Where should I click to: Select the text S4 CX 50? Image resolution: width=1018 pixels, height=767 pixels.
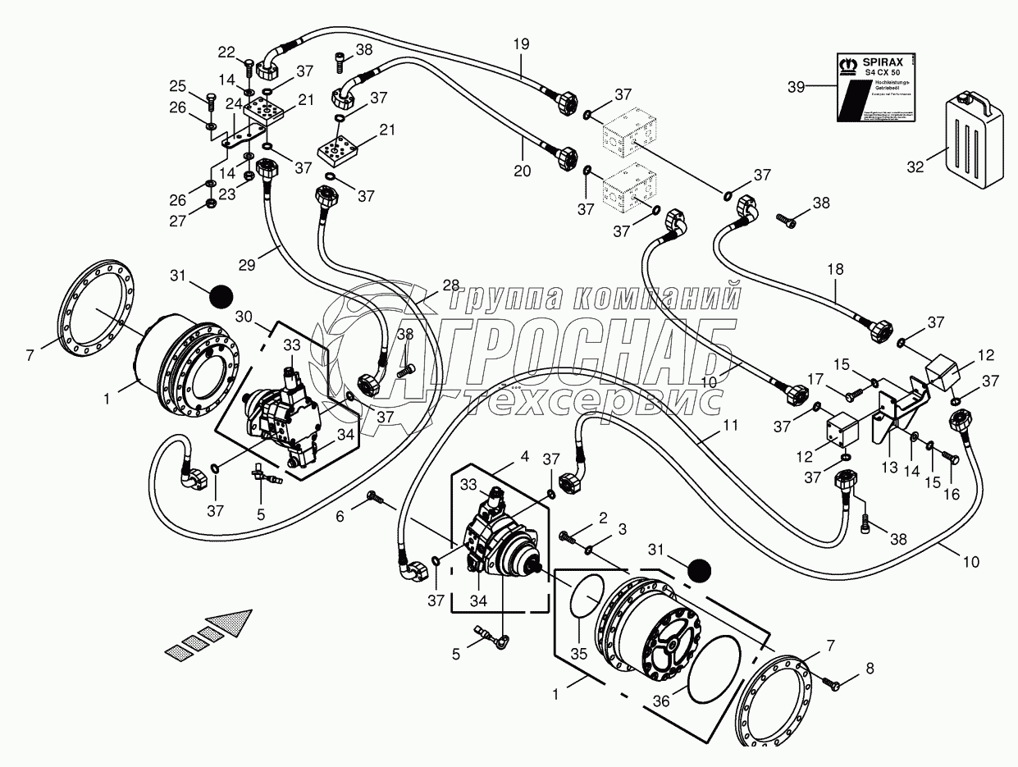tap(883, 74)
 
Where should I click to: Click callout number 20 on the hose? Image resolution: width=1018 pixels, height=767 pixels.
tap(522, 171)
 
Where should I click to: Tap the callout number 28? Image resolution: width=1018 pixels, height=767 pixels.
tap(451, 284)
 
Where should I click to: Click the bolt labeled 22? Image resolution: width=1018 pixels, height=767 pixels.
tap(249, 63)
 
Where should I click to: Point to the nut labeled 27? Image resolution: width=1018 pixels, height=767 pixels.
tap(211, 202)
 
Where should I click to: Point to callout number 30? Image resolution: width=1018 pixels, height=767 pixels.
tap(244, 317)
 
